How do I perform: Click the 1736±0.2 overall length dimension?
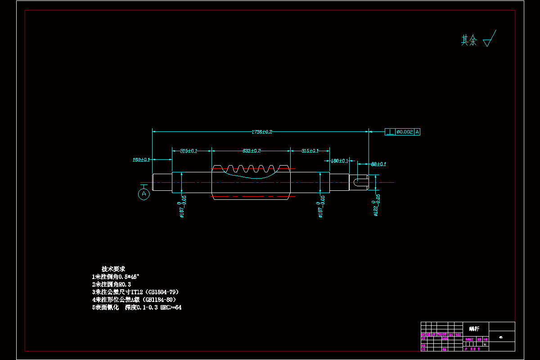[x=261, y=132]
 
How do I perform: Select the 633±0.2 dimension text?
[x=252, y=151]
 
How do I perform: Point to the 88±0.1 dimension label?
[x=378, y=164]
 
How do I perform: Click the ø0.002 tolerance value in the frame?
[x=405, y=132]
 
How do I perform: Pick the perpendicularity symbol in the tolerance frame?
[x=390, y=132]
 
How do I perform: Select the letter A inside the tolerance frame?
[x=417, y=132]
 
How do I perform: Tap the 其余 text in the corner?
[x=469, y=40]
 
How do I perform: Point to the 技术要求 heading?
[x=113, y=268]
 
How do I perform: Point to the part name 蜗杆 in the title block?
[x=474, y=328]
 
